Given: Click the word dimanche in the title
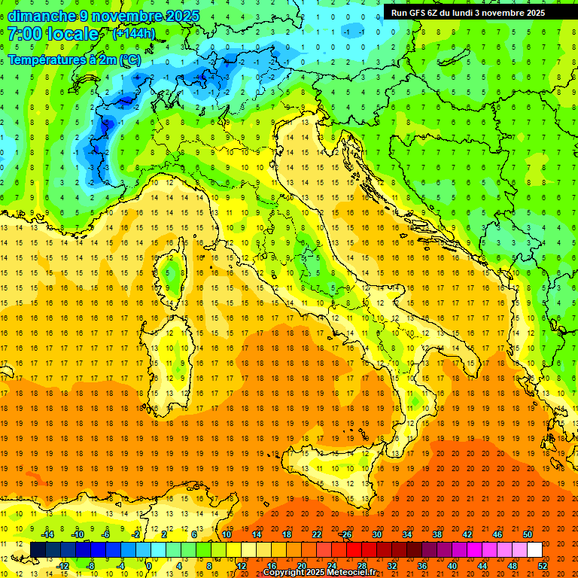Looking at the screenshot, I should click(41, 16).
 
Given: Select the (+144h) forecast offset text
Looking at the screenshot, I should click(134, 34).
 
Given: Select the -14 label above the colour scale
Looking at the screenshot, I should click(47, 534).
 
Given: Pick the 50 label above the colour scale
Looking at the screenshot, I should click(528, 534).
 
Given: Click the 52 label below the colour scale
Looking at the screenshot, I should click(543, 565).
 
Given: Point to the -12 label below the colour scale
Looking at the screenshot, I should click(62, 565).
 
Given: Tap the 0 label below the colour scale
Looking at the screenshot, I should click(150, 565).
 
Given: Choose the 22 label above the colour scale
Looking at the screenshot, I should click(317, 534).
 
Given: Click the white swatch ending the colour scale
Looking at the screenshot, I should click(534, 550).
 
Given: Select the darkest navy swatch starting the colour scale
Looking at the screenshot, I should click(38, 550).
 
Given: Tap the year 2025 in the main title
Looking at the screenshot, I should click(182, 16).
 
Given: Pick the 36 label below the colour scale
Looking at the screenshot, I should click(421, 565).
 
